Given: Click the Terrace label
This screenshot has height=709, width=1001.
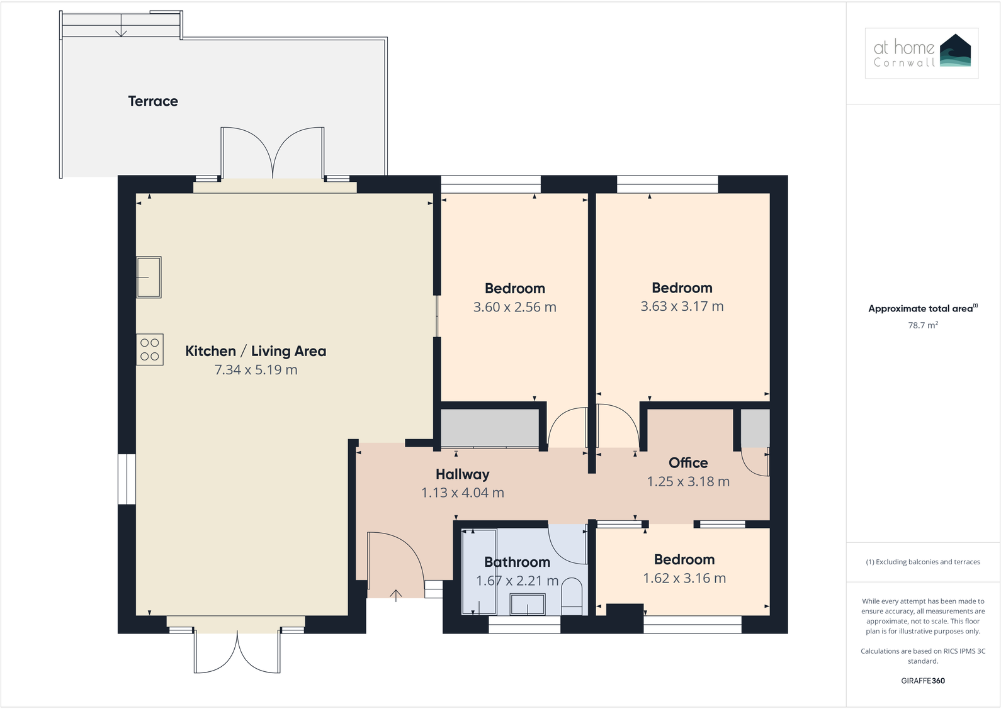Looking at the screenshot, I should tap(153, 101).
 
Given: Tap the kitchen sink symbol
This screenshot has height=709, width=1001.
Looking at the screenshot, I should tap(149, 277).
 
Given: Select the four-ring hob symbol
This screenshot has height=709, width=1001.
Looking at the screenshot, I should tap(150, 349).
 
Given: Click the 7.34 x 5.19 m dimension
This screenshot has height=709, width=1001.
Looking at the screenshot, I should tap(256, 370).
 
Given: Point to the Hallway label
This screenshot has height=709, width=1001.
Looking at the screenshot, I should tap(462, 474).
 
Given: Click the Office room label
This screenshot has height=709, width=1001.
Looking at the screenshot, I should tap(688, 463).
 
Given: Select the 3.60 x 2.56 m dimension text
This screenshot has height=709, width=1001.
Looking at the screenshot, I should tap(514, 308).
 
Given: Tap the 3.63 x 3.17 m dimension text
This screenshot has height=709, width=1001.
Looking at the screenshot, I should tap(682, 306).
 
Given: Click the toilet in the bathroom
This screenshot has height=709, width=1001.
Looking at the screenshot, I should tap(572, 596).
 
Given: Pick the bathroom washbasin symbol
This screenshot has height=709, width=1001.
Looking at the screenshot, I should tap(528, 605).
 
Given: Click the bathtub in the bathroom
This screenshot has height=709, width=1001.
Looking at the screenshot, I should tap(478, 571).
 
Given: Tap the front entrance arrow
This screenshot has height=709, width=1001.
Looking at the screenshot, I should tap(396, 595).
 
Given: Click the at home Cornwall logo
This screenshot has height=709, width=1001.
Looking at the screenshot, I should tap(922, 53).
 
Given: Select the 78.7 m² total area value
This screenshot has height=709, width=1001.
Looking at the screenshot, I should tap(922, 325).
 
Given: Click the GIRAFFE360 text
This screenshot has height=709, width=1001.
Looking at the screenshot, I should tap(922, 681).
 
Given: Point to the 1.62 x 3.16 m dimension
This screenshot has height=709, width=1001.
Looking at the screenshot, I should tap(684, 579).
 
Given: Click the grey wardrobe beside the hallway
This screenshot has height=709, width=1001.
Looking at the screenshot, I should tap(489, 428).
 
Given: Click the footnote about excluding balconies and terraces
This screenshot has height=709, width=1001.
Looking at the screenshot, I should tap(922, 562).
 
